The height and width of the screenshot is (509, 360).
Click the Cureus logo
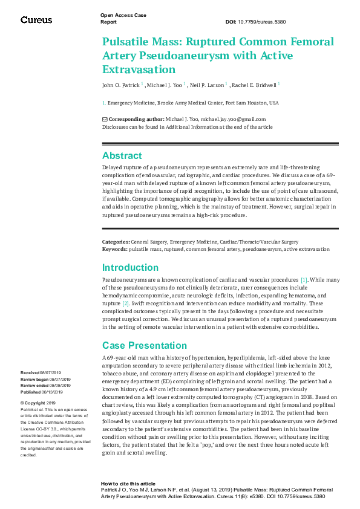[36, 20]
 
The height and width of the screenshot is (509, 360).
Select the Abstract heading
[122, 155]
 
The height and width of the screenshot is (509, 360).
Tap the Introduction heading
[131, 267]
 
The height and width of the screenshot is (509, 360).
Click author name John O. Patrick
[121, 85]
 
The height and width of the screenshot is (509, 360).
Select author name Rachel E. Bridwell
[254, 85]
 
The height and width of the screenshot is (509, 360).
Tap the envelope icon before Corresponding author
[105, 119]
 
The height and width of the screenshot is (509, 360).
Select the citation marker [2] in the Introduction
[126, 303]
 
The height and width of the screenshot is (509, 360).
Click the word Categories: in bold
[116, 242]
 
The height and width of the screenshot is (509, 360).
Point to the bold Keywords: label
[114, 249]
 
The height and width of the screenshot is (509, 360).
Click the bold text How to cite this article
[128, 484]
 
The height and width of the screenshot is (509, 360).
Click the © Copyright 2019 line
[38, 403]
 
